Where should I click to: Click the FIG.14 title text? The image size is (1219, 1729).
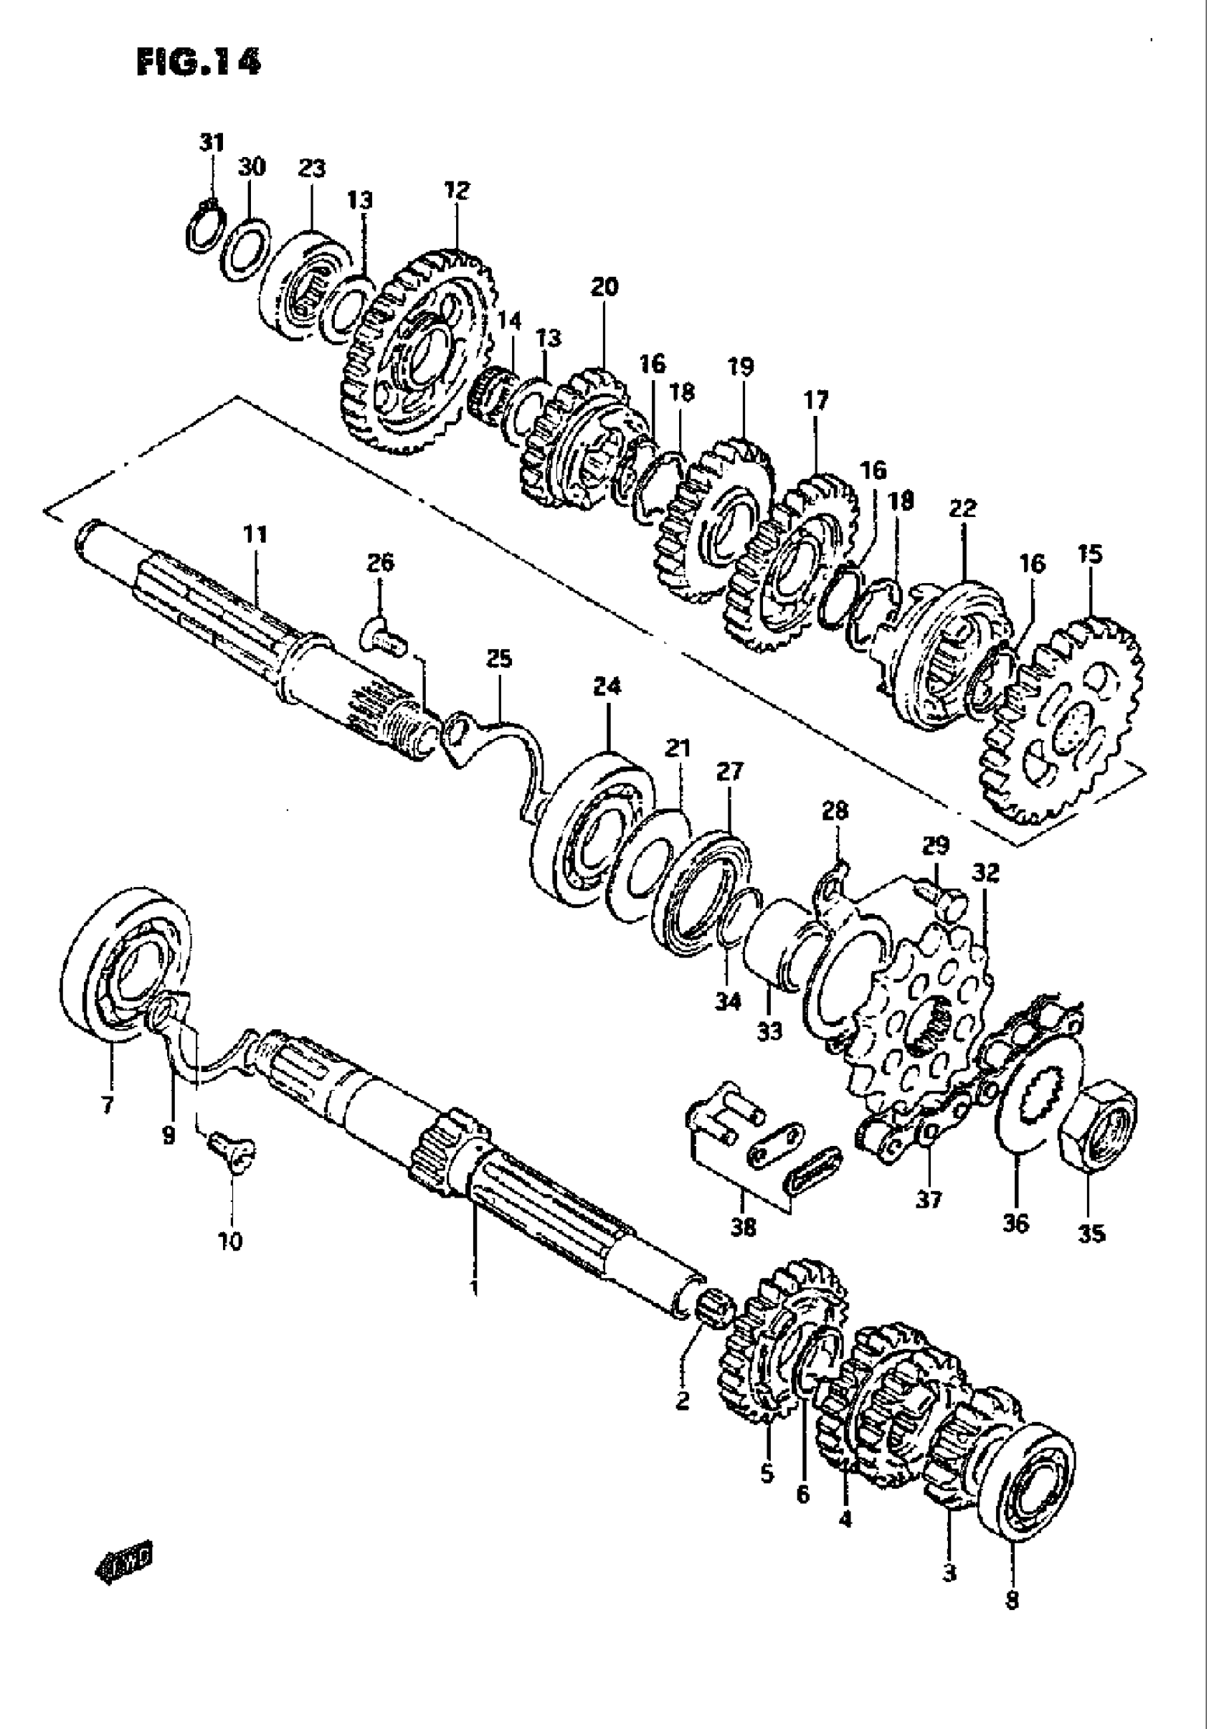[x=199, y=62]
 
